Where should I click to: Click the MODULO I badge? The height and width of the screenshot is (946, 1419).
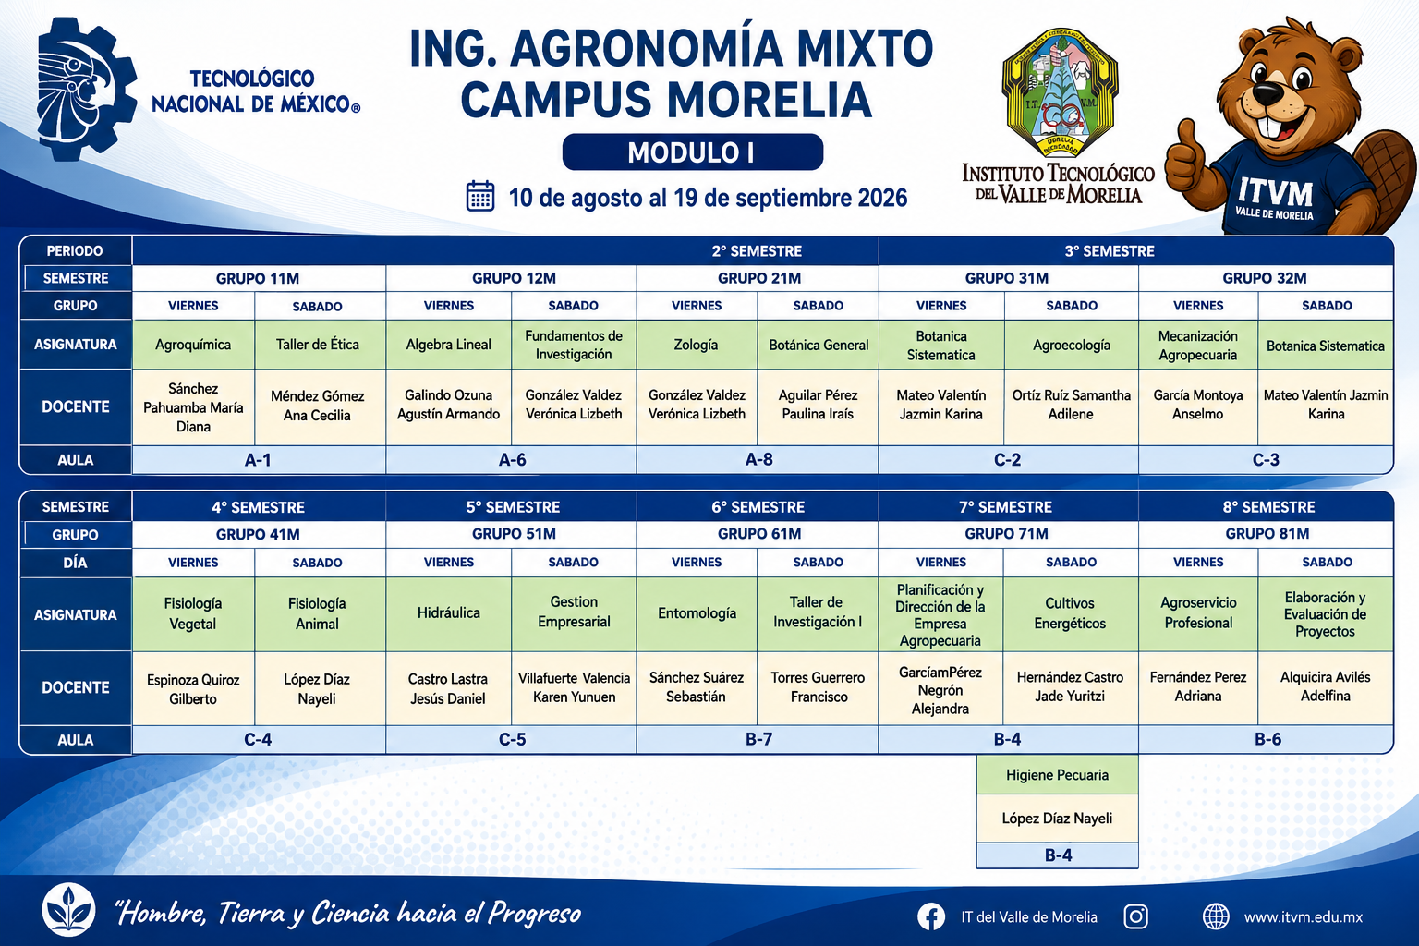(692, 152)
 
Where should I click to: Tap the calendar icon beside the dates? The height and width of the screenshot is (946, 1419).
(480, 197)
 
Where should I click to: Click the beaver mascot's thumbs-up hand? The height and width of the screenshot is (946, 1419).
(1186, 158)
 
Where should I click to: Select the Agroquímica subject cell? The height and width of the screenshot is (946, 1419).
(193, 345)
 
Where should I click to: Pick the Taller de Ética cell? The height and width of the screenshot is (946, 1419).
(318, 345)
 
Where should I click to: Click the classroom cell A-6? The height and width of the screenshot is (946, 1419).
(512, 460)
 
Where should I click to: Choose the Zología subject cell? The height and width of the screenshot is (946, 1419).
(697, 345)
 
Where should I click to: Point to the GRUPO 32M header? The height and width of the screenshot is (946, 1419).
(1265, 278)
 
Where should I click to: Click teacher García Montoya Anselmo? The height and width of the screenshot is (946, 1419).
(1198, 405)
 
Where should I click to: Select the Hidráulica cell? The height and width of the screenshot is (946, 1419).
(448, 613)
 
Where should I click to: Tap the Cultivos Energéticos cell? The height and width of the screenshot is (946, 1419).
(1071, 613)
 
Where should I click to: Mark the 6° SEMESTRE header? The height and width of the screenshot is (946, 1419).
(758, 507)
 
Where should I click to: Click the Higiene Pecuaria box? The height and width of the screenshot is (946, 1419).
(1057, 775)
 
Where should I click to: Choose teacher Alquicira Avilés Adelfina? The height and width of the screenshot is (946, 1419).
(1326, 686)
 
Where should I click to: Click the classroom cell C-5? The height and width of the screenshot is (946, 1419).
(512, 739)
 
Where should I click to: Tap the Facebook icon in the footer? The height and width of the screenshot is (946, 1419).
(931, 916)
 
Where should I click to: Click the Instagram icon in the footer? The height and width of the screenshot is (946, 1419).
(1135, 916)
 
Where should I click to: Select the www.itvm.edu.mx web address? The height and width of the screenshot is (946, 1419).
(1304, 916)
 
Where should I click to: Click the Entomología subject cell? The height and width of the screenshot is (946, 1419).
(697, 613)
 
